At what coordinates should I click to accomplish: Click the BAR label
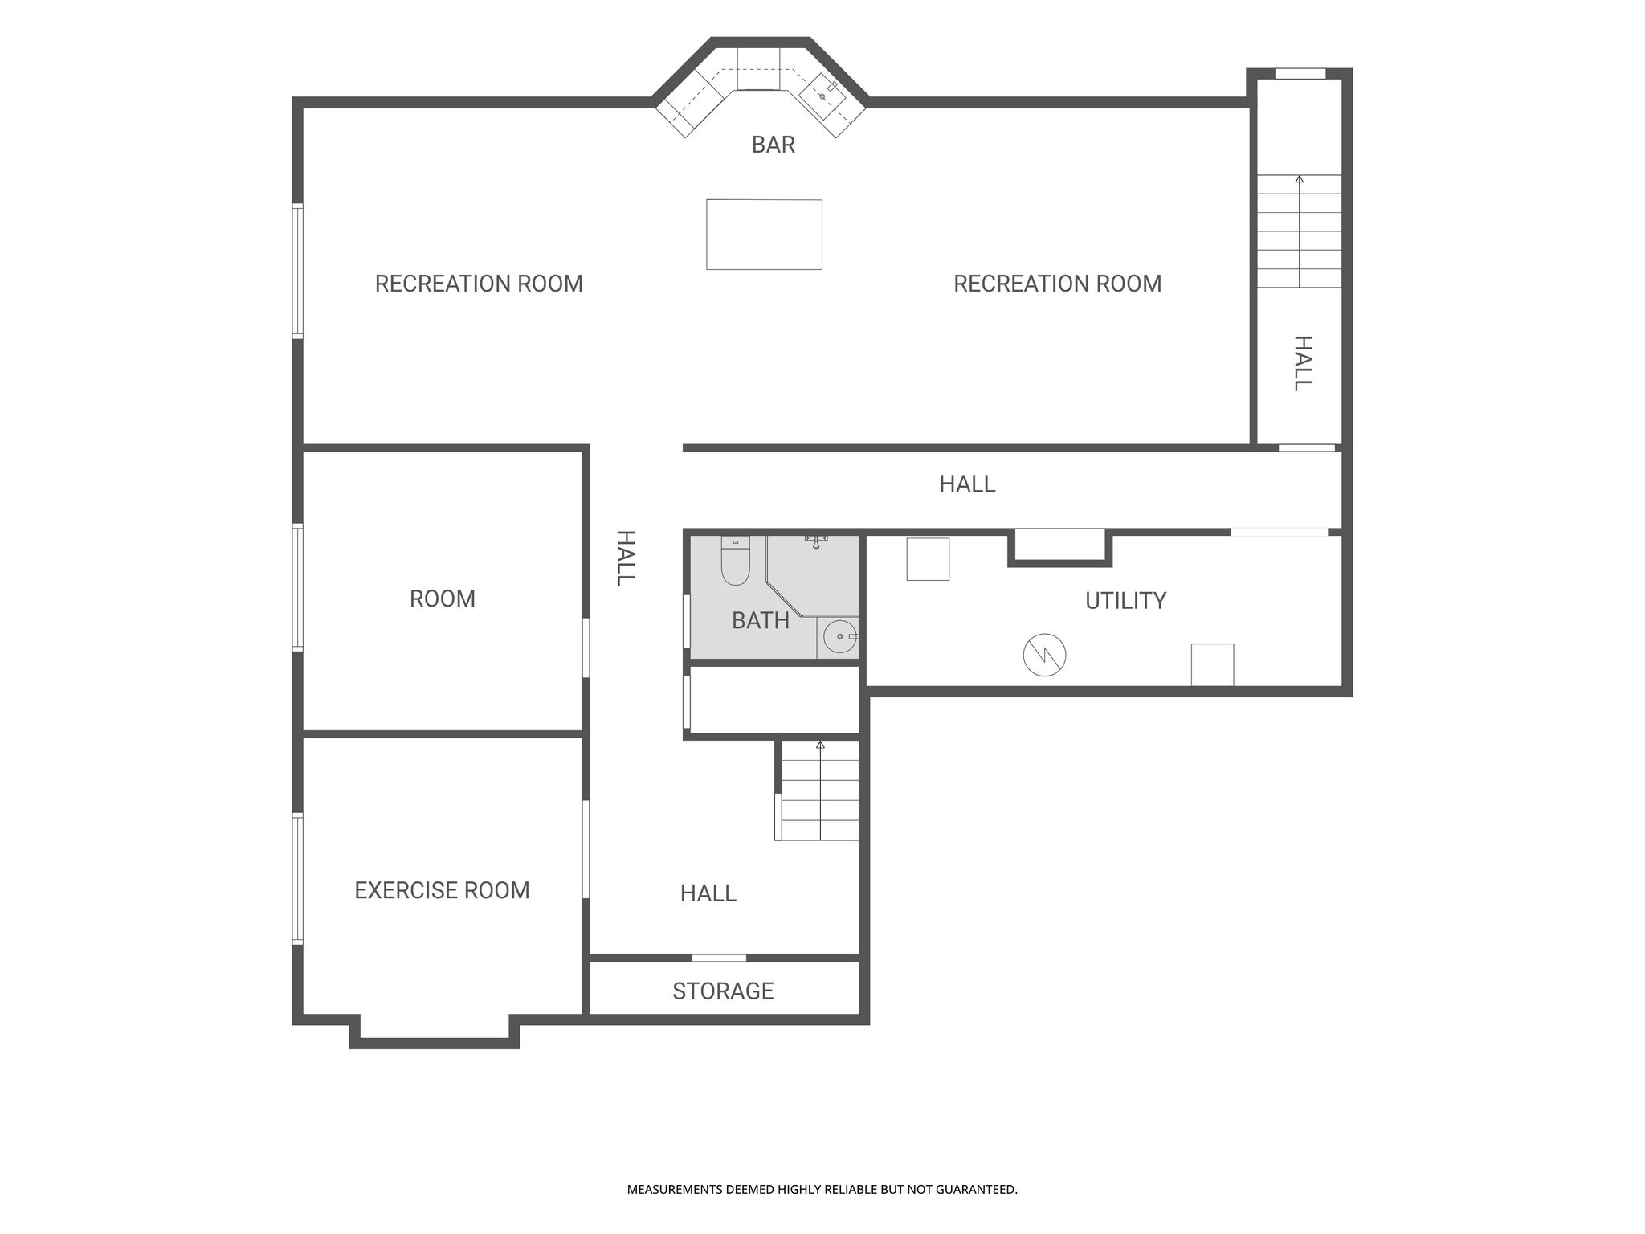tap(773, 145)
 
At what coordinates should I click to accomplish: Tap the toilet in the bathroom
tap(735, 560)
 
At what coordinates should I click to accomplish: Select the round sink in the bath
tap(839, 637)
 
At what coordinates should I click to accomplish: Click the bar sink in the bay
tap(822, 96)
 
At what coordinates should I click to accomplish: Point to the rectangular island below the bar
tap(764, 235)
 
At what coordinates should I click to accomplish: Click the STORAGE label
tap(723, 991)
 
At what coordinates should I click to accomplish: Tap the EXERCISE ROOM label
tap(442, 890)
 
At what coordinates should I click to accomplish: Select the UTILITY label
tap(1125, 601)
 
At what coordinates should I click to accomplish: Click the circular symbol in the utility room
tap(1044, 655)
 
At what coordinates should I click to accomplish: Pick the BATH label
tap(761, 620)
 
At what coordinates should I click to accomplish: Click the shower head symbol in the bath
tap(816, 541)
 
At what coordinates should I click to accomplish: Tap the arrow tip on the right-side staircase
tap(1299, 177)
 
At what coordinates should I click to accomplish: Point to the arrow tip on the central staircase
tap(820, 743)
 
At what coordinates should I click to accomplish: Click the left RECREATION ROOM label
tap(479, 284)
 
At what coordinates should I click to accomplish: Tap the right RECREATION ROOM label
tap(1057, 284)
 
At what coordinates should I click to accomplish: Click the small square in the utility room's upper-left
tap(928, 559)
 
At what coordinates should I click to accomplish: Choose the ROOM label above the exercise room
tap(442, 599)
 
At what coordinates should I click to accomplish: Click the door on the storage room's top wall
tap(719, 958)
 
